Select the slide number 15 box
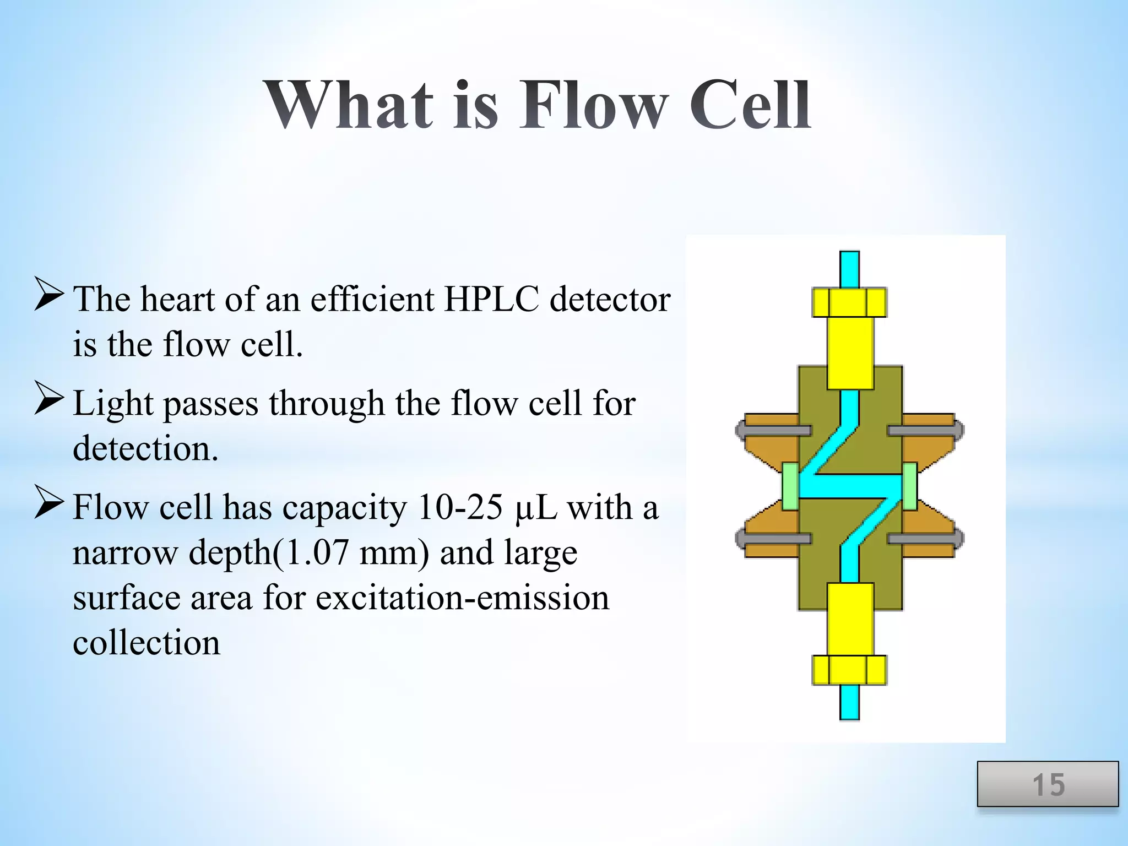pyautogui.click(x=1048, y=784)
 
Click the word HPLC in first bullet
pyautogui.click(x=491, y=300)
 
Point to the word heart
pyautogui.click(x=176, y=300)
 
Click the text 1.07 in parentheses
pyautogui.click(x=317, y=552)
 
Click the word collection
pyautogui.click(x=147, y=643)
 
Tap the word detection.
pyautogui.click(x=145, y=449)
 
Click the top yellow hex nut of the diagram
pyautogui.click(x=849, y=302)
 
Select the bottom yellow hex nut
pyautogui.click(x=849, y=670)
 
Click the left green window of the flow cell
pyautogui.click(x=790, y=486)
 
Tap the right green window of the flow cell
pyautogui.click(x=909, y=486)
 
